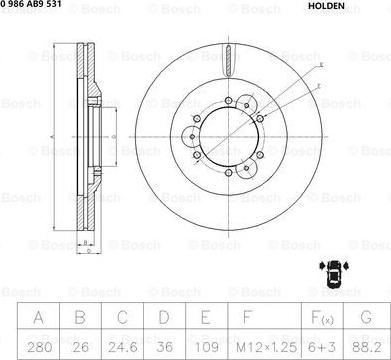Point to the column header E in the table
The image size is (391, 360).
[198, 319]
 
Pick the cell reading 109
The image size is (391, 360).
[198, 345]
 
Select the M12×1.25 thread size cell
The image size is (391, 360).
[258, 345]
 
